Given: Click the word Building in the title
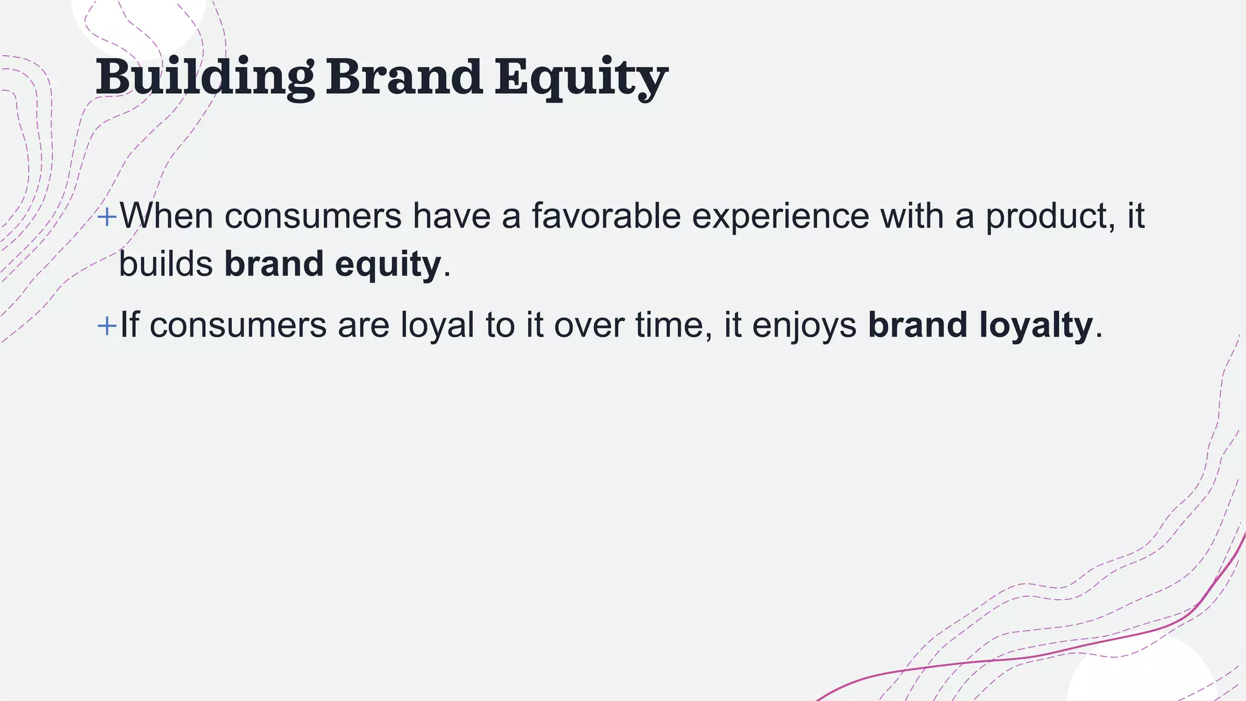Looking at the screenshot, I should [204, 78].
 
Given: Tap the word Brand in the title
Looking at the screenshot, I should [404, 78].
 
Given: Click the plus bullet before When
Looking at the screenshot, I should [106, 217].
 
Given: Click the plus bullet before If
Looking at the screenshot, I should [106, 326].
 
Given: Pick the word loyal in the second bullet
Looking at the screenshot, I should [437, 326].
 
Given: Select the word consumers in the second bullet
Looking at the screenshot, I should [238, 326].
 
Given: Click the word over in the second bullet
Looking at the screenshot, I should [589, 326].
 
